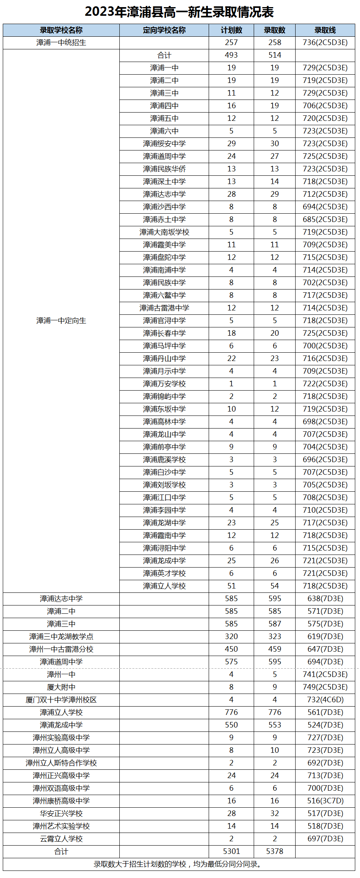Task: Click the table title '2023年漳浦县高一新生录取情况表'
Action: tap(179, 12)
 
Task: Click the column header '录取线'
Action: tap(325, 30)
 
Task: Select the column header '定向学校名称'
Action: tap(164, 30)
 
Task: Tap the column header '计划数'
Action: tap(231, 30)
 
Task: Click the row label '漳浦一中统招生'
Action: tap(61, 43)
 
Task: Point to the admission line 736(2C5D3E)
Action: tap(325, 43)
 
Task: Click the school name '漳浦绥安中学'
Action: tap(164, 144)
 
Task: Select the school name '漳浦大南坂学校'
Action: tap(164, 232)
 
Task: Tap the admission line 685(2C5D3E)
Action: tap(325, 220)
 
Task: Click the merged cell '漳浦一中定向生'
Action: tap(61, 321)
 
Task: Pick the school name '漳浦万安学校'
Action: tap(164, 384)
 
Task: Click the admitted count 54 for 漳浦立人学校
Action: tap(275, 586)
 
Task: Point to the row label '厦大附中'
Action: tap(61, 687)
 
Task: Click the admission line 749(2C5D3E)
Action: tap(325, 687)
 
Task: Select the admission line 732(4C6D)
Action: tap(325, 700)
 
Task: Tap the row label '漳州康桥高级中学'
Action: tap(61, 801)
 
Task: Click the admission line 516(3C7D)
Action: tap(325, 801)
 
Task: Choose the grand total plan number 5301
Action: tap(231, 852)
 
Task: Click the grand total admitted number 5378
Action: tap(275, 852)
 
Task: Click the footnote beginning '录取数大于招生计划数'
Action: tap(178, 864)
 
